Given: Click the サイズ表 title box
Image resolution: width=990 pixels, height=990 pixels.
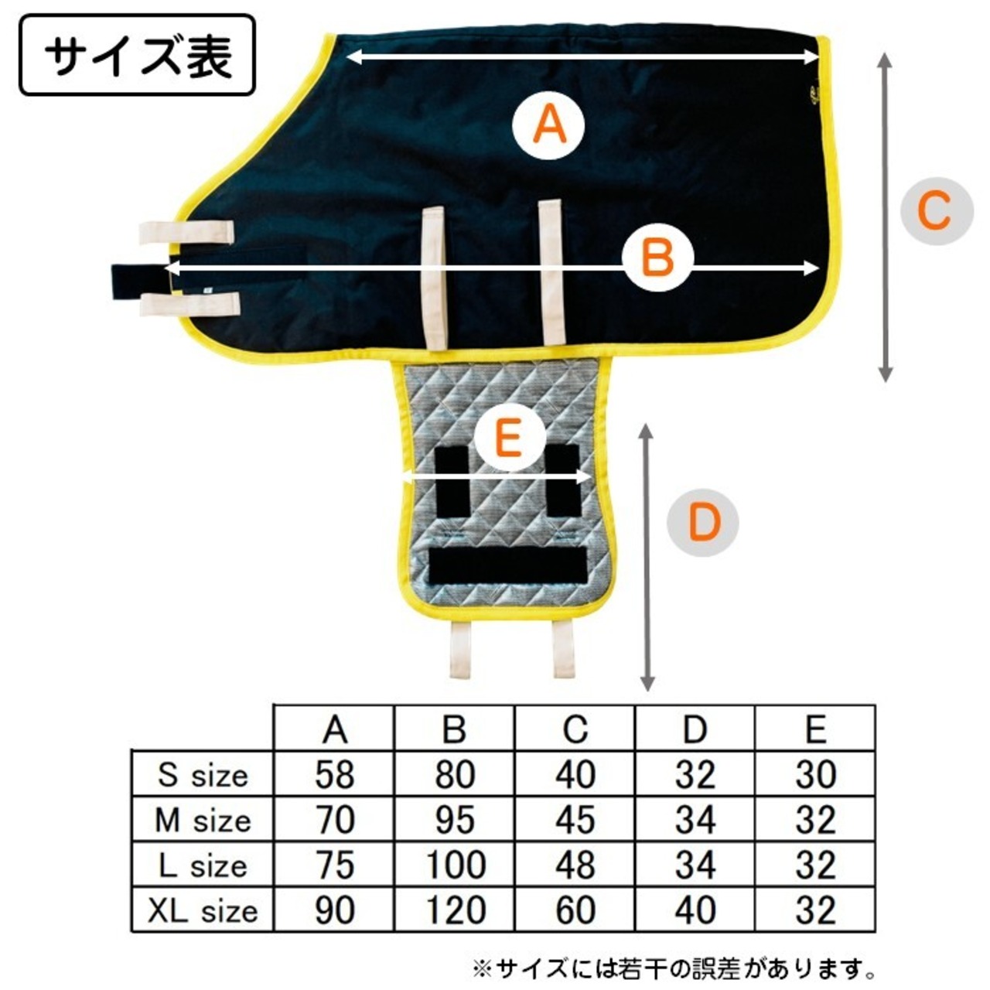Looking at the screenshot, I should coord(137,56).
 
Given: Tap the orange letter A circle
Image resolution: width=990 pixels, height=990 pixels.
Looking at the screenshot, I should coord(549,125).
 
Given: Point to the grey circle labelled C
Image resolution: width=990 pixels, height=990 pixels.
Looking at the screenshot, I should coord(936,210).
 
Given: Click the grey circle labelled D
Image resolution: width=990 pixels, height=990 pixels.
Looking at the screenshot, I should coord(703,522).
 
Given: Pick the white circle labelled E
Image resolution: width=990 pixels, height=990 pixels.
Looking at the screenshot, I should coord(508,440).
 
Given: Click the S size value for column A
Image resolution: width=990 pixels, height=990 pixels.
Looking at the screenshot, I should coord(334,774).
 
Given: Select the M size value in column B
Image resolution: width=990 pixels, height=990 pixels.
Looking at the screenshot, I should coord(454,820).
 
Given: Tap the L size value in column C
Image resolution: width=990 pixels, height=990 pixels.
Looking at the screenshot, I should coord(575,865).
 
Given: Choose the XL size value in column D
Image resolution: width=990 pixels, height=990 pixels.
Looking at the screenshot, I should coord(695,910).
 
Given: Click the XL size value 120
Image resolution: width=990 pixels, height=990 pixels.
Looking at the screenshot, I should coord(454,910).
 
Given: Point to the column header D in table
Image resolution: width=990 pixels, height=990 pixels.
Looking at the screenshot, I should coord(695,729).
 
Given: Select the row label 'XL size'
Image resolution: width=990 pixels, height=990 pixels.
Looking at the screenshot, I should coord(203,910).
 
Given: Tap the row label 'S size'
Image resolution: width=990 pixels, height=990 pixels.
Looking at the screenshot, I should coord(203,774).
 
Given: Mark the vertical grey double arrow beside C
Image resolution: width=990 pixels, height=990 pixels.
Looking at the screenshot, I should coord(886,217).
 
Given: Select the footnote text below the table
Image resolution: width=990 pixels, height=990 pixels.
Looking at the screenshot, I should coord(674,968).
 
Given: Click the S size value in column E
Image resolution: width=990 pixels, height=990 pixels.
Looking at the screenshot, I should coord(815,774).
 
